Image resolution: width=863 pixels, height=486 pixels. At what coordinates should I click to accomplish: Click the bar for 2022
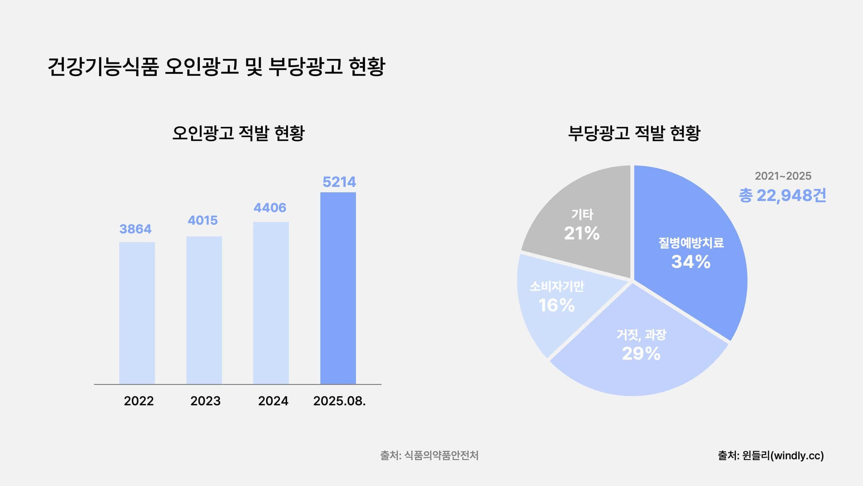tap(137, 313)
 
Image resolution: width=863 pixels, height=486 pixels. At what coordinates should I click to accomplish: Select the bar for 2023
tap(204, 310)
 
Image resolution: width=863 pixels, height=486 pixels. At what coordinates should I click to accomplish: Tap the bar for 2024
tap(271, 303)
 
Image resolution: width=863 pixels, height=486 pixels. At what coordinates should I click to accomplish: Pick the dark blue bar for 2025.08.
tap(338, 288)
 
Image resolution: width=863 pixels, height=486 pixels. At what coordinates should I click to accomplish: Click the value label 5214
tap(339, 182)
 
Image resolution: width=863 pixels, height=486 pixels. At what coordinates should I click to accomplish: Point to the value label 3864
tap(135, 229)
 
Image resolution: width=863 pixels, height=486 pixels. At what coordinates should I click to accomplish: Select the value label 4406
tap(270, 208)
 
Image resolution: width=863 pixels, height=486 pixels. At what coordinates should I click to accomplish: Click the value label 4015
tap(203, 220)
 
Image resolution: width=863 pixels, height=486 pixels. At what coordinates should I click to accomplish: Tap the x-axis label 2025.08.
tap(339, 401)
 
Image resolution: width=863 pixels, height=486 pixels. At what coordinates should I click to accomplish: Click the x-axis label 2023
tap(205, 401)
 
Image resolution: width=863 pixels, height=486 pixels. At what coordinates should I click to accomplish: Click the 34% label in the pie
tap(690, 262)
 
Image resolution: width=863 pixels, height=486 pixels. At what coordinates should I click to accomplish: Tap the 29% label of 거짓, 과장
tap(641, 354)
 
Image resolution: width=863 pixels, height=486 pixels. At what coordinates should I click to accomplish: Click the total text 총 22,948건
tap(782, 195)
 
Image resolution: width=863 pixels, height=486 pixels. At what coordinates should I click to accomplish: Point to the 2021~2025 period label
tap(783, 176)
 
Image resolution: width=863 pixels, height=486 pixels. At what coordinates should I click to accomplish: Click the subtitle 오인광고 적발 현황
tap(238, 133)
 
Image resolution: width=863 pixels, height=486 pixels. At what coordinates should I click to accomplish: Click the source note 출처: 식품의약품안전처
tap(429, 455)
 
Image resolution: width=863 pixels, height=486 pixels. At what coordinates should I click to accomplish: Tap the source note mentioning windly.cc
tap(771, 455)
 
